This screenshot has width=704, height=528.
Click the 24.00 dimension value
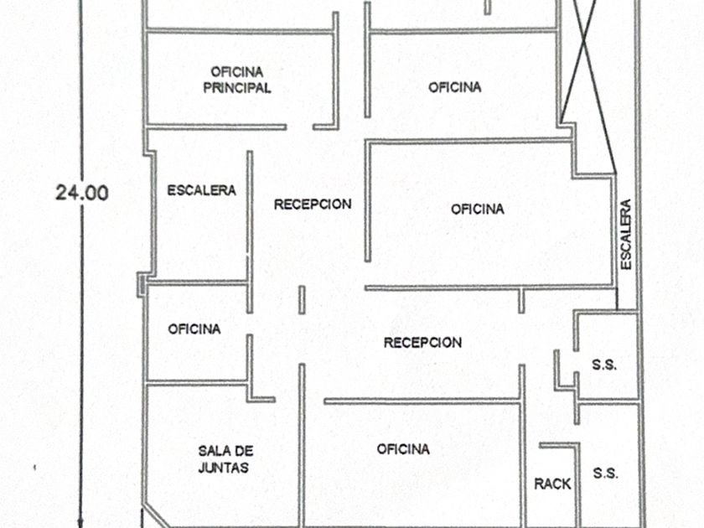(81, 192)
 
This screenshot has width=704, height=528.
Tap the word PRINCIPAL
(237, 88)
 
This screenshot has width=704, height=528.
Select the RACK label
(552, 484)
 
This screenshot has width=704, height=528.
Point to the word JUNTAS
(224, 468)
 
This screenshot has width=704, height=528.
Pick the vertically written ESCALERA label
(626, 234)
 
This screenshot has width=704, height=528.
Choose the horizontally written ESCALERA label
(201, 190)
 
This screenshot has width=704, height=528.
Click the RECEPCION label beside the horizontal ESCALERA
(313, 204)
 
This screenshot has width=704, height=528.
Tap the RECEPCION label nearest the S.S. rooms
(422, 342)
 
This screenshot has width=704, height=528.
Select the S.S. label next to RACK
(605, 473)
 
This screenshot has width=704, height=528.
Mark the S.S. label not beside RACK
(603, 365)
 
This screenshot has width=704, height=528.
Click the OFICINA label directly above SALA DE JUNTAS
(194, 329)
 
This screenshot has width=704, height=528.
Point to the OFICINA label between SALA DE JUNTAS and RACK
(403, 449)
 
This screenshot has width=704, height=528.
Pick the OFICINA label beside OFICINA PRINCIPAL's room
(455, 87)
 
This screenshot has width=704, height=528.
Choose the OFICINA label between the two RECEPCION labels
(478, 209)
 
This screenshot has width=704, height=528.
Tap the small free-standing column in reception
(302, 299)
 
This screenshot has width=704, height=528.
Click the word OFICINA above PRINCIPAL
(237, 72)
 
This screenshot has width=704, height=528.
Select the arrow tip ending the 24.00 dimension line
(81, 524)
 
